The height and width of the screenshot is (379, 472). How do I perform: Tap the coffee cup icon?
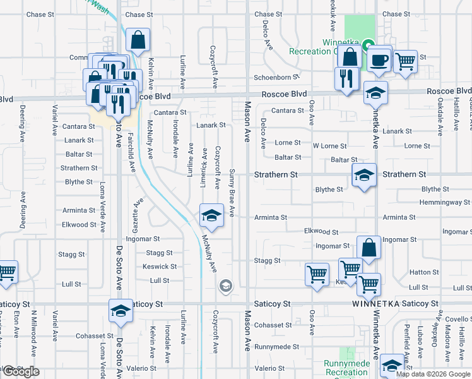(379, 60)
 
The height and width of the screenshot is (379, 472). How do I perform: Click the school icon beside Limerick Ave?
(211, 215)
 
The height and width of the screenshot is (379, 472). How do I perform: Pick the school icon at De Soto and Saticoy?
(121, 311)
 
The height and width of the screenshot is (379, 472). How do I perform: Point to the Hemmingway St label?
(445, 203)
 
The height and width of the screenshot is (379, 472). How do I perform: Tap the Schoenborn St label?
(276, 77)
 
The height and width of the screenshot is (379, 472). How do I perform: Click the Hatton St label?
(423, 272)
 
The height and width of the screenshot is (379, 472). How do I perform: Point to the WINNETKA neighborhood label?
(375, 304)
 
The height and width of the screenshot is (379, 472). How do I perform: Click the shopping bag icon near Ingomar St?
(369, 248)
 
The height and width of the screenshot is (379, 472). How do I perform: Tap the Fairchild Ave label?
(133, 157)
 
